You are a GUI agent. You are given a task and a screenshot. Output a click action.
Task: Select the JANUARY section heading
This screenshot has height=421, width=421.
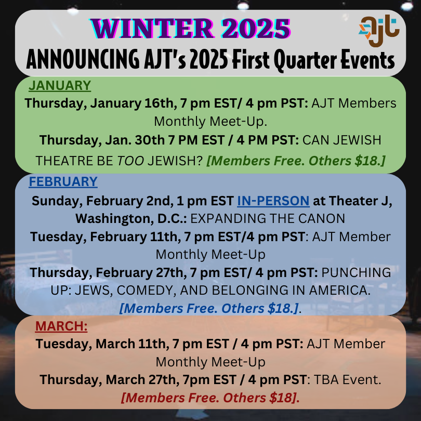pyautogui.click(x=59, y=86)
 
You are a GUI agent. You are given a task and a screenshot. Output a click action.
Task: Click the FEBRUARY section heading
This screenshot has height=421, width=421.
pyautogui.click(x=63, y=181)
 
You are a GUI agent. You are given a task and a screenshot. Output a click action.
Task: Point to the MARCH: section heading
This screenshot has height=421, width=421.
pyautogui.click(x=61, y=326)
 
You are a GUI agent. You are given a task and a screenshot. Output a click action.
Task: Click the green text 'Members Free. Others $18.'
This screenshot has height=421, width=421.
pyautogui.click(x=296, y=161)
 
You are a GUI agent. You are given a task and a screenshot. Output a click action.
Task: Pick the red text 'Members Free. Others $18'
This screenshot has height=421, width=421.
pyautogui.click(x=210, y=398)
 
